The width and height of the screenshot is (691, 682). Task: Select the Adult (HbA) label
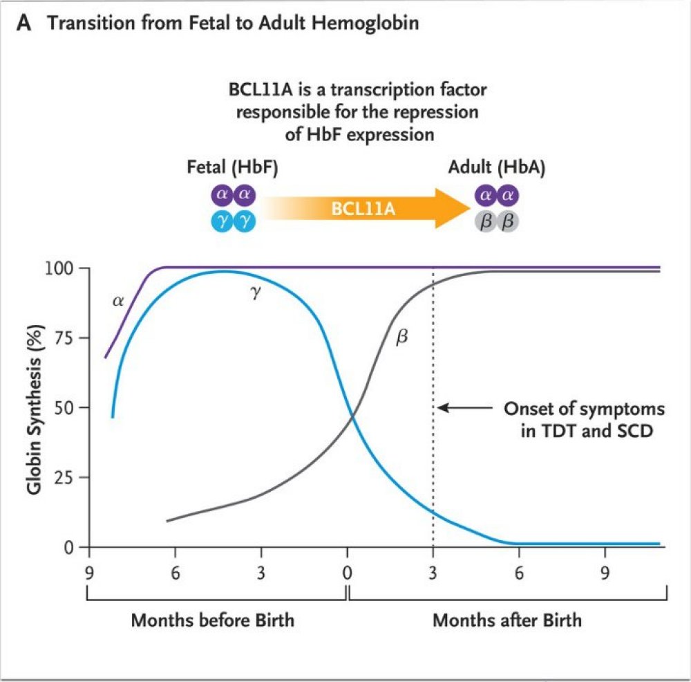[497, 168]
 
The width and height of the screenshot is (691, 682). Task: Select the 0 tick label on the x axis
[347, 573]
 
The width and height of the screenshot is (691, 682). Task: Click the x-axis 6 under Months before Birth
[175, 573]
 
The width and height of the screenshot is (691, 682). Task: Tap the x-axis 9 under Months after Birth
[605, 573]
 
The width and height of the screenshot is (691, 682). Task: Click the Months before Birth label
[213, 620]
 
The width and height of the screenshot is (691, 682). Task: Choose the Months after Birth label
[507, 620]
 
